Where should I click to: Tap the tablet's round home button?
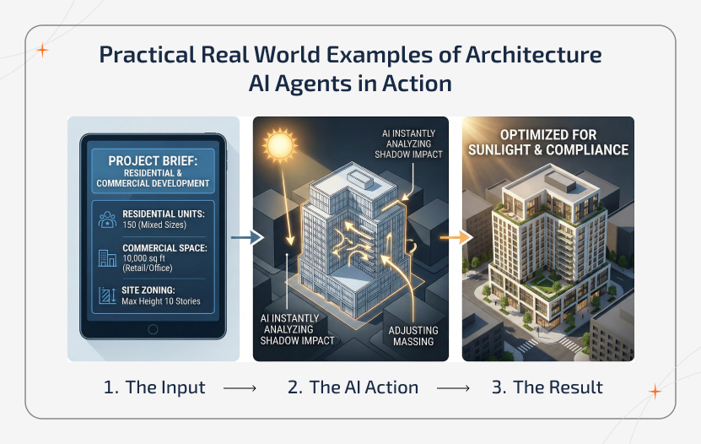pos(153,329)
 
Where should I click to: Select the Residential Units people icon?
pos(108,219)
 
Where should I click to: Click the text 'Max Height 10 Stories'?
pos(161,301)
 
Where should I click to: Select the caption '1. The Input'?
pos(154,387)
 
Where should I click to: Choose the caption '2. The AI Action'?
pos(353,387)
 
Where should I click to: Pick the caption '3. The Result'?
pos(547,387)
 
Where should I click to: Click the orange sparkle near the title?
pos(43,50)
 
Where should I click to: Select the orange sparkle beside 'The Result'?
pos(655,391)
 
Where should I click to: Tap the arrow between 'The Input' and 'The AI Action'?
pos(240,388)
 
